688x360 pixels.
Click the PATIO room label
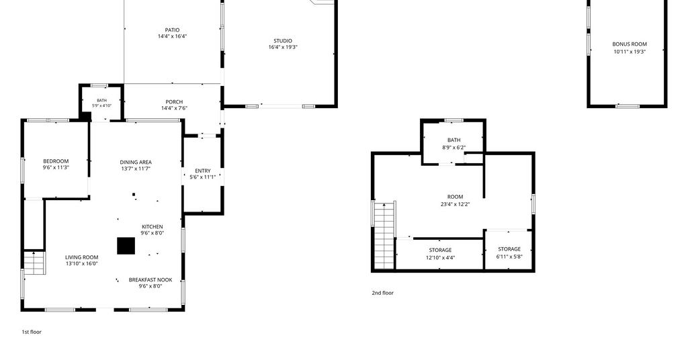click(x=173, y=30)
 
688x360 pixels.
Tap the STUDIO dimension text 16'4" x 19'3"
click(x=283, y=47)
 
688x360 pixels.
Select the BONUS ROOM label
click(x=630, y=44)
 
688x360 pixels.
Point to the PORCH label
click(x=174, y=101)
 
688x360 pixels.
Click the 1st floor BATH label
click(x=102, y=101)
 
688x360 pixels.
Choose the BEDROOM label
click(x=56, y=161)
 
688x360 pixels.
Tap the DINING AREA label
click(x=136, y=162)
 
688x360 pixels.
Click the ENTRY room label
click(x=203, y=171)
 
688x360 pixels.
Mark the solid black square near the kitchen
click(x=126, y=246)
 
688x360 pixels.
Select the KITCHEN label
click(x=153, y=227)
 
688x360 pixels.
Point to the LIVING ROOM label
click(x=81, y=257)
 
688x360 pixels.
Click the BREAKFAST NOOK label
click(x=150, y=280)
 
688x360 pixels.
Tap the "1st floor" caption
click(x=32, y=332)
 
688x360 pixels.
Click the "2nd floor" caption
click(x=382, y=293)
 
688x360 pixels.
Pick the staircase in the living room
click(x=34, y=263)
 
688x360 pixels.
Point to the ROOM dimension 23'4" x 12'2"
click(x=456, y=204)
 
